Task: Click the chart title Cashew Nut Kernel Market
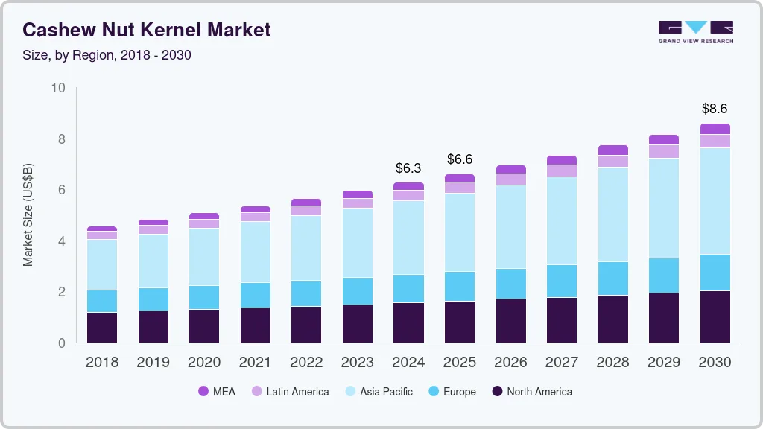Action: [x=146, y=30]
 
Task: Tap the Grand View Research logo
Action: [x=695, y=31]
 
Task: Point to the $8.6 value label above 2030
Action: [x=715, y=109]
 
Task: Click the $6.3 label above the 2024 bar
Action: [x=408, y=168]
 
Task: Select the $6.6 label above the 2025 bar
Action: [x=459, y=159]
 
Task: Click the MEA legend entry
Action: [x=217, y=391]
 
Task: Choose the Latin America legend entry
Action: [x=290, y=391]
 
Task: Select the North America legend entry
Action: [x=531, y=391]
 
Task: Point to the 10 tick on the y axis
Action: [x=58, y=88]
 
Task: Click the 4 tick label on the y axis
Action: [x=61, y=241]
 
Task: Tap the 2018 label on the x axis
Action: [x=102, y=363]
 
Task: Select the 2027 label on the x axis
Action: [x=561, y=363]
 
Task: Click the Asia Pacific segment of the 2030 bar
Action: [x=715, y=201]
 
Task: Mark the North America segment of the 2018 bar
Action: [x=102, y=328]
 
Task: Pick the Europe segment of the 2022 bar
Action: [x=306, y=293]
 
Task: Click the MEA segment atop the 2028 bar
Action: [x=612, y=150]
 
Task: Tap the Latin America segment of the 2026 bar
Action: [x=510, y=179]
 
